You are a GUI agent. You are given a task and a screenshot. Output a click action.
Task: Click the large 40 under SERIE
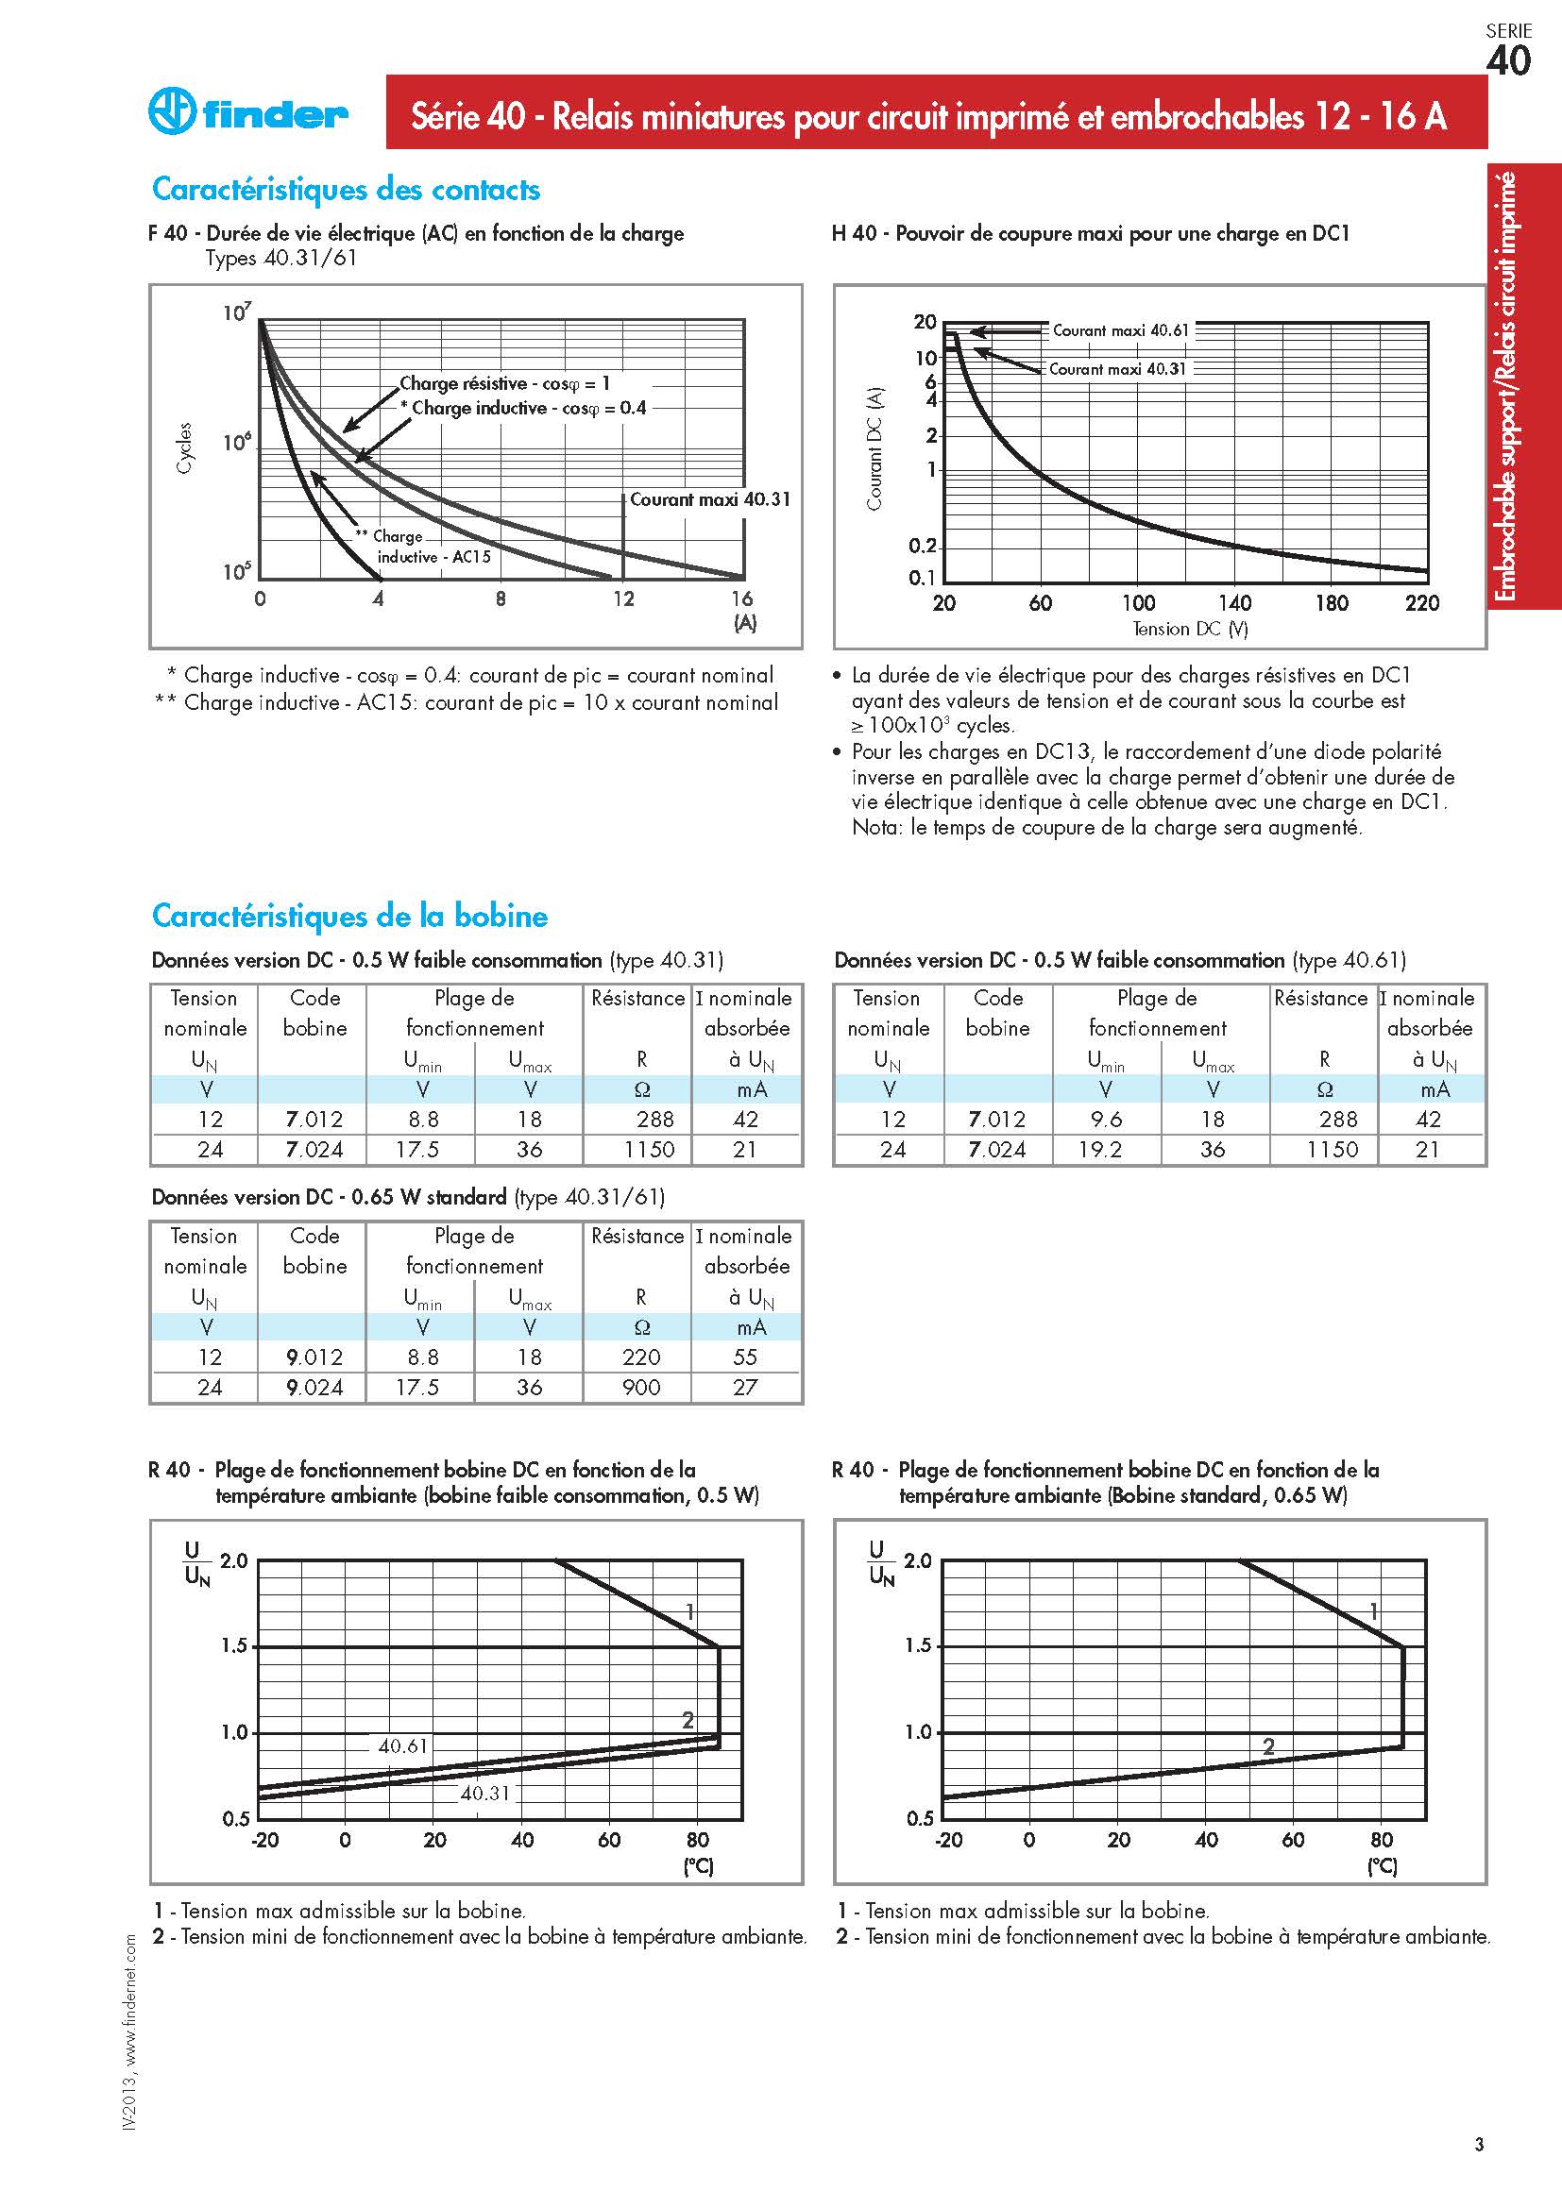click(x=1508, y=60)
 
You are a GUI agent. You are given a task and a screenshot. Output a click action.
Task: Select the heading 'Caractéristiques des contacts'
click(x=347, y=190)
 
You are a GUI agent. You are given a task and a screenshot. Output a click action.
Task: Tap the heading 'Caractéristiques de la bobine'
click(x=350, y=916)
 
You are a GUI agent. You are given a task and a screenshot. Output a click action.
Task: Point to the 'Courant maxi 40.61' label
click(x=1121, y=329)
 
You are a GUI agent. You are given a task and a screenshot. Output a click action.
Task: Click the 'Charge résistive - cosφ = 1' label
click(x=505, y=382)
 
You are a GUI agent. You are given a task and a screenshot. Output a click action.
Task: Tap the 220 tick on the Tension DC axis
click(x=1421, y=603)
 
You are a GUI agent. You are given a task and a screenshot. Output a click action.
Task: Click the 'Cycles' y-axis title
click(x=185, y=448)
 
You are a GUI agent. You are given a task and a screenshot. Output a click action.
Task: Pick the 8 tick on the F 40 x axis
click(x=501, y=598)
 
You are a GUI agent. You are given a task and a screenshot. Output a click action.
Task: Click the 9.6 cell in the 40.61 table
click(x=1105, y=1120)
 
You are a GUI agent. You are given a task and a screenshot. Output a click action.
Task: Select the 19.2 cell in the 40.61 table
click(x=1100, y=1149)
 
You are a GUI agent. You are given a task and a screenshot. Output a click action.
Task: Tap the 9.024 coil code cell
click(x=314, y=1387)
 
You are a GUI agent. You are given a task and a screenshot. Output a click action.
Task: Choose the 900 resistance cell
click(x=641, y=1387)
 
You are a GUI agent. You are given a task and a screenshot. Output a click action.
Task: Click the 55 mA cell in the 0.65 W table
click(x=745, y=1357)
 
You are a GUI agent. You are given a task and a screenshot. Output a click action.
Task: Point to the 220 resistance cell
click(x=641, y=1357)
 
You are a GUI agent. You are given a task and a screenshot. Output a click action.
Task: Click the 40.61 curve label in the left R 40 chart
click(x=403, y=1745)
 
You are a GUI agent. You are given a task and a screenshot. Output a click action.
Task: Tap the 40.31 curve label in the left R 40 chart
click(x=484, y=1793)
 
